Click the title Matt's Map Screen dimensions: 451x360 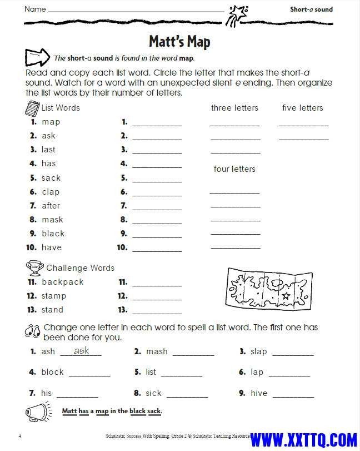click(x=179, y=41)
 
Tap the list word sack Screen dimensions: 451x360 click(x=51, y=178)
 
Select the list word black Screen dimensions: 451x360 click(x=53, y=234)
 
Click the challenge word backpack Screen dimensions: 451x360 click(x=63, y=282)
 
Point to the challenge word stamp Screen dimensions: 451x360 click(x=54, y=296)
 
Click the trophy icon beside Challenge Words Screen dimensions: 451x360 click(x=35, y=267)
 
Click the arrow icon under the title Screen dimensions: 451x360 click(x=38, y=57)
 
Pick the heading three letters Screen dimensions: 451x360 click(x=234, y=108)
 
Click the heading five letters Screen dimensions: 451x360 click(x=302, y=108)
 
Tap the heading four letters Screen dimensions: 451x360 click(x=234, y=169)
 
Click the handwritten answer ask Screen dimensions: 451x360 click(x=82, y=350)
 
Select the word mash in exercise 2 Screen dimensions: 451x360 click(x=157, y=351)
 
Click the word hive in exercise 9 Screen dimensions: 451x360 click(x=259, y=393)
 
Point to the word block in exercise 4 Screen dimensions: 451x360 click(x=53, y=372)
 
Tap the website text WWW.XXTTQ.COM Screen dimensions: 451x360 click(x=303, y=439)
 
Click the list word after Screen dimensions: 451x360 click(x=51, y=206)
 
